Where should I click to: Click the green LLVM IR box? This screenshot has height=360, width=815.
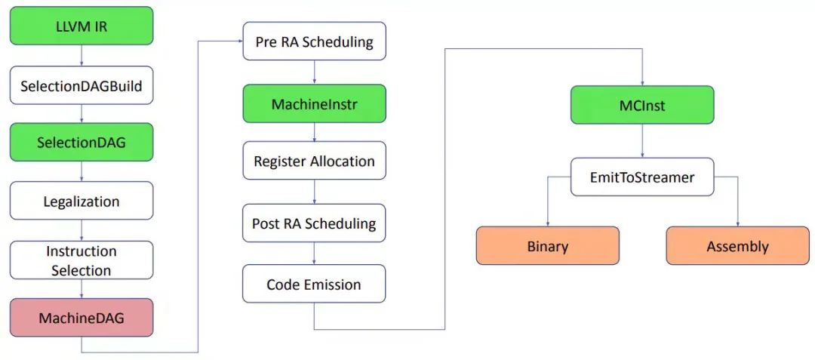[x=81, y=26]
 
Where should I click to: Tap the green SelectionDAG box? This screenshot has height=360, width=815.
[x=81, y=143]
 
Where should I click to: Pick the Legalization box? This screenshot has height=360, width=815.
[x=81, y=202]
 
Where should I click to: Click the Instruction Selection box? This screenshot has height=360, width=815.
[x=81, y=260]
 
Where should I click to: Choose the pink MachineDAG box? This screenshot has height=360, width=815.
[x=81, y=318]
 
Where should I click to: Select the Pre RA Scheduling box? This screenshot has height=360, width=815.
[x=314, y=42]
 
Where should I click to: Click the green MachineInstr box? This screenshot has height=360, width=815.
[x=314, y=104]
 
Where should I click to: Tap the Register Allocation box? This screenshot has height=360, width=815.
[x=314, y=161]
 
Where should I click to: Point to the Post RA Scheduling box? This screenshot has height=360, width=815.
[x=314, y=223]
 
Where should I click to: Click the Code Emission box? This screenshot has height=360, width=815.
[x=314, y=284]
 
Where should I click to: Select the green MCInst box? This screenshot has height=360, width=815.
[x=641, y=105]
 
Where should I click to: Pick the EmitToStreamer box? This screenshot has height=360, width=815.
[x=641, y=177]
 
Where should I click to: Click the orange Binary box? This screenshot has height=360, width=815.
[x=547, y=246]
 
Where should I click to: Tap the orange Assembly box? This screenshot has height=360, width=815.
[x=737, y=246]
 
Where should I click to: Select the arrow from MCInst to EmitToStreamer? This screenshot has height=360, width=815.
[x=641, y=141]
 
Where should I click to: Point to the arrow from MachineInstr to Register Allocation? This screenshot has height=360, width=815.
[x=314, y=132]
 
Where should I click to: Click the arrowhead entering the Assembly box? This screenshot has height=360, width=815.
[x=737, y=223]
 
